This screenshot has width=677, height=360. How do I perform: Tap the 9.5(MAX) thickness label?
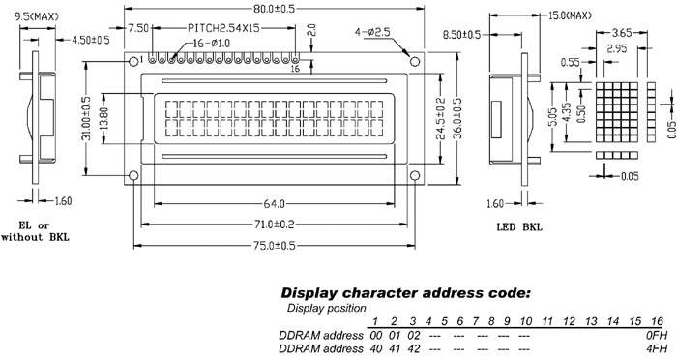(x=37, y=15)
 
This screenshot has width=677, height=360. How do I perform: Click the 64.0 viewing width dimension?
(x=275, y=204)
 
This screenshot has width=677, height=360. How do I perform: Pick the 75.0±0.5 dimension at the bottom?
(x=275, y=245)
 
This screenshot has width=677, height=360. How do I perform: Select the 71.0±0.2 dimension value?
(x=275, y=225)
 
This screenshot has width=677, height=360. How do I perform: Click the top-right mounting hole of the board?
(x=416, y=62)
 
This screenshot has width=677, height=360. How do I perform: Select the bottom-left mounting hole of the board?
(x=133, y=175)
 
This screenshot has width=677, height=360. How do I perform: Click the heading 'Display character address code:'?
(x=405, y=292)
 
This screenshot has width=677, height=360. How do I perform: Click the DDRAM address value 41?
(x=396, y=347)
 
